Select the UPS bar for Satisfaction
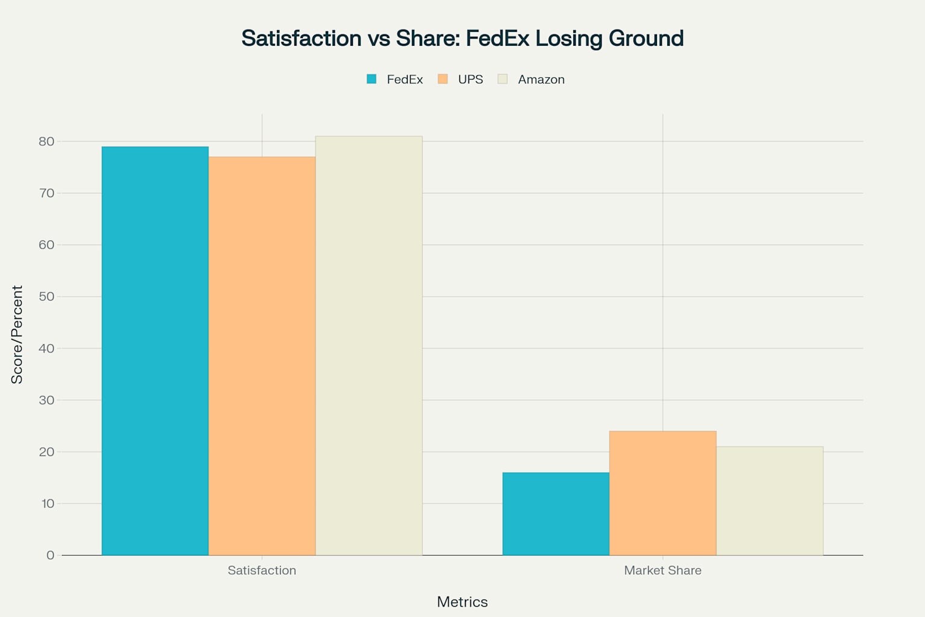262,355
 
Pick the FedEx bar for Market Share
556,513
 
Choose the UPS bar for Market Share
662,493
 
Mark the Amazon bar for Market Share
770,501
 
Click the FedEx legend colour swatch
372,79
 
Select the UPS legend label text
470,80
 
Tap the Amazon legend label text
541,80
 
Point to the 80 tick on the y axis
46,142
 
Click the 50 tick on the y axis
46,296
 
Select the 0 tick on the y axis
50,555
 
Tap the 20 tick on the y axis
46,452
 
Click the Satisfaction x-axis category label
262,570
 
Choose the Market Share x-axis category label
662,570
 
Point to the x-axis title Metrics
462,601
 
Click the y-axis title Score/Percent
17,334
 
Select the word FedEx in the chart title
497,38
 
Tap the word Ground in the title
646,38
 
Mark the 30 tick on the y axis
46,400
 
